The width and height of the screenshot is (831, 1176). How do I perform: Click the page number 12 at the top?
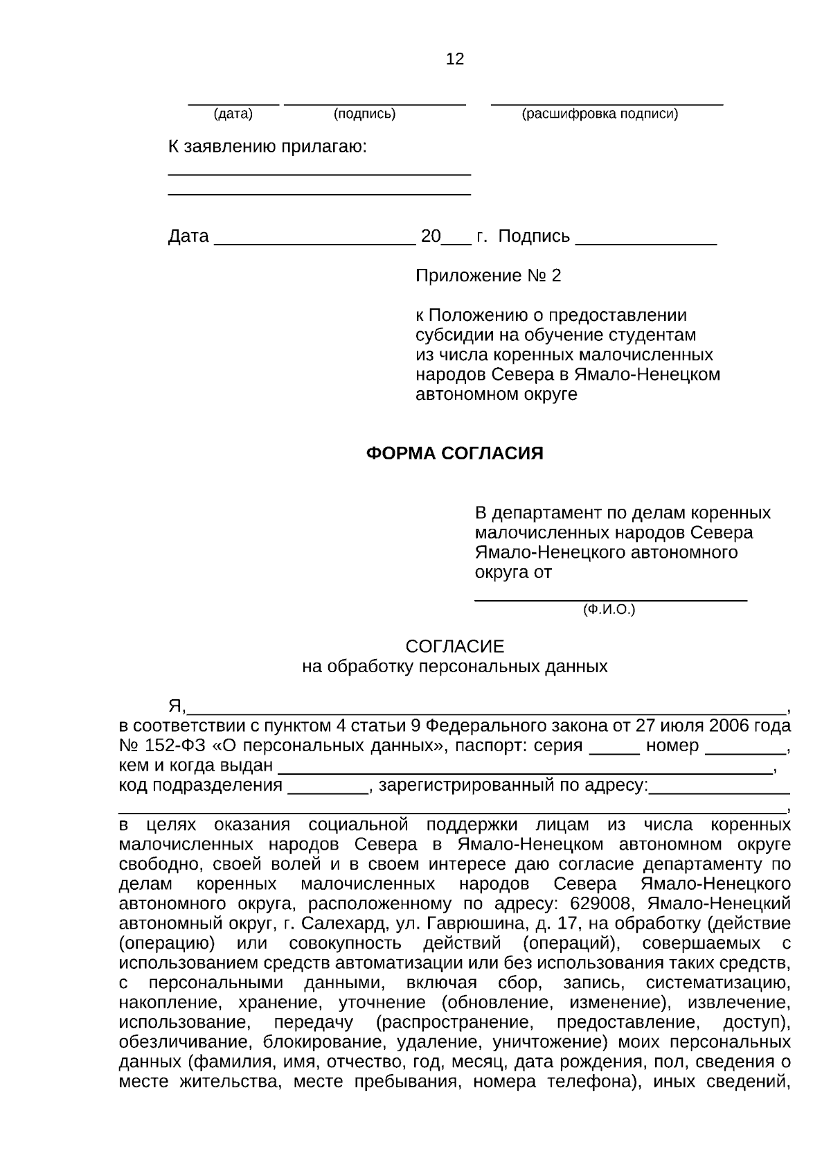(x=455, y=59)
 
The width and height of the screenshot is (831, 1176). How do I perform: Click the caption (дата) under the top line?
(x=233, y=114)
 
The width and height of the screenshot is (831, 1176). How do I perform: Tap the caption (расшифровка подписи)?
(x=600, y=114)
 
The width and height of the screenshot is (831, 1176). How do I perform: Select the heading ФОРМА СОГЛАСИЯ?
(x=454, y=453)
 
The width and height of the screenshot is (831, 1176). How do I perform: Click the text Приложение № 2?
(x=488, y=276)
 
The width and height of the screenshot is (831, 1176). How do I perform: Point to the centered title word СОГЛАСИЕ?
(x=455, y=647)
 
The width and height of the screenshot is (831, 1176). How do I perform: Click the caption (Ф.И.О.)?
(x=609, y=610)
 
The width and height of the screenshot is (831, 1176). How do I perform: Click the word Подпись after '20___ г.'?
(x=534, y=236)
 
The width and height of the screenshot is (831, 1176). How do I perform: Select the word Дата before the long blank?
(x=188, y=236)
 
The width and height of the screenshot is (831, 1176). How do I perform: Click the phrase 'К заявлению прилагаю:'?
(x=267, y=148)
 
